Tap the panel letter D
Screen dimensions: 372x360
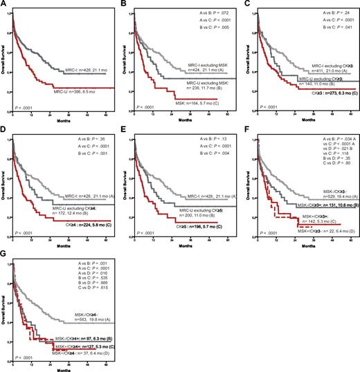(x=3, y=128)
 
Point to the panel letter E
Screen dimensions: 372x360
(x=125, y=128)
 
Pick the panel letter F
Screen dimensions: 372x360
(x=247, y=128)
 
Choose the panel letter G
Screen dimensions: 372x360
(x=3, y=252)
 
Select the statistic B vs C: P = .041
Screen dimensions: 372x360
(x=323, y=26)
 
